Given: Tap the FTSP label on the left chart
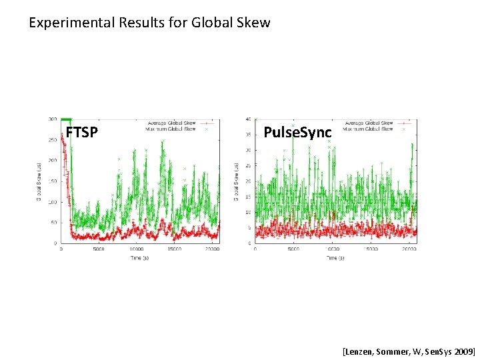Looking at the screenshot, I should click(x=82, y=133).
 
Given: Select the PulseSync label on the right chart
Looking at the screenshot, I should click(x=297, y=133).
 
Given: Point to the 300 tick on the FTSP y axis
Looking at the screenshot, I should click(x=51, y=119).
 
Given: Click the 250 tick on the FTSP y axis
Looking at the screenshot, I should click(x=51, y=140).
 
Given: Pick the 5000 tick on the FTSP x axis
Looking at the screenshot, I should click(x=98, y=250).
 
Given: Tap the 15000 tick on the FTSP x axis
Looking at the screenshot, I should click(x=175, y=250).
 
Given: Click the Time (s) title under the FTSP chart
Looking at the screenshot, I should click(x=139, y=257).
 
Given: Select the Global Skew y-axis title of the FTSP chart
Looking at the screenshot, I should click(x=37, y=181).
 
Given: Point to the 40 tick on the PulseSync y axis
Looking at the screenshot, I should click(x=248, y=119).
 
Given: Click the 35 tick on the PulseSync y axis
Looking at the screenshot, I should click(x=248, y=135).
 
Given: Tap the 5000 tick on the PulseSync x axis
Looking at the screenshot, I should click(x=293, y=250).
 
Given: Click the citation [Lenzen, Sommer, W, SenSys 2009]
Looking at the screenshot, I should click(x=409, y=349).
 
